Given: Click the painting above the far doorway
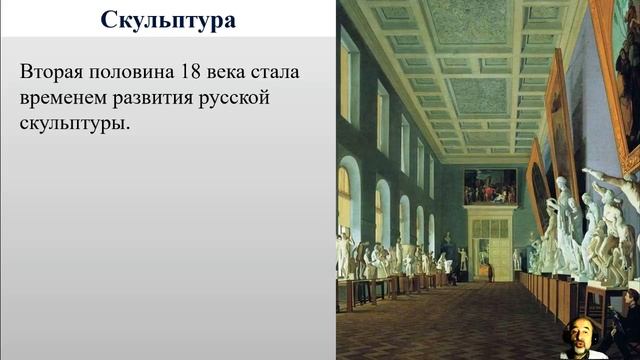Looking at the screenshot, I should coord(490,186).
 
